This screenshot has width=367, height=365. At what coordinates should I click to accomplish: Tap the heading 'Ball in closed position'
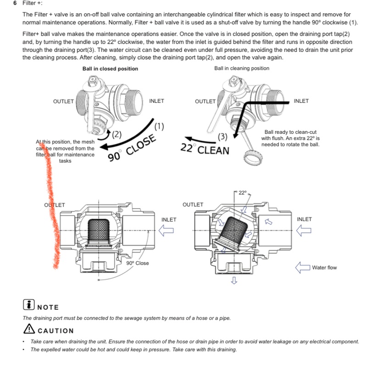(110, 69)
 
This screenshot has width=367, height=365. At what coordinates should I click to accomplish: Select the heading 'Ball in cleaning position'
(242, 68)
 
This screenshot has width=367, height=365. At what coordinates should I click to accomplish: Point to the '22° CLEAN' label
(205, 149)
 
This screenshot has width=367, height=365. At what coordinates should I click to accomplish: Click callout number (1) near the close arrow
(159, 126)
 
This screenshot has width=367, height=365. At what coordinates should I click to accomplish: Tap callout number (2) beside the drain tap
(117, 134)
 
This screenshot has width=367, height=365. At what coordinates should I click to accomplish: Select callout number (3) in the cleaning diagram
(222, 136)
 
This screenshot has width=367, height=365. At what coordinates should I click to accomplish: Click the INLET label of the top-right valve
(301, 101)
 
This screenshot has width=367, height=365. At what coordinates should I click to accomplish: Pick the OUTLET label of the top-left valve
(63, 101)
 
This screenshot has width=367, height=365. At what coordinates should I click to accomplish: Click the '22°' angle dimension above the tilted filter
(242, 193)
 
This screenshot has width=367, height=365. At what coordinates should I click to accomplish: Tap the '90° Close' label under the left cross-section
(138, 263)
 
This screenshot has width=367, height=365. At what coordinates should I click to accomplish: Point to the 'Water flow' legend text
(324, 267)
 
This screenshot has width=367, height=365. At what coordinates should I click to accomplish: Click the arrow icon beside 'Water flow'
(303, 267)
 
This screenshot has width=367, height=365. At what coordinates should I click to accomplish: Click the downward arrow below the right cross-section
(234, 280)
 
